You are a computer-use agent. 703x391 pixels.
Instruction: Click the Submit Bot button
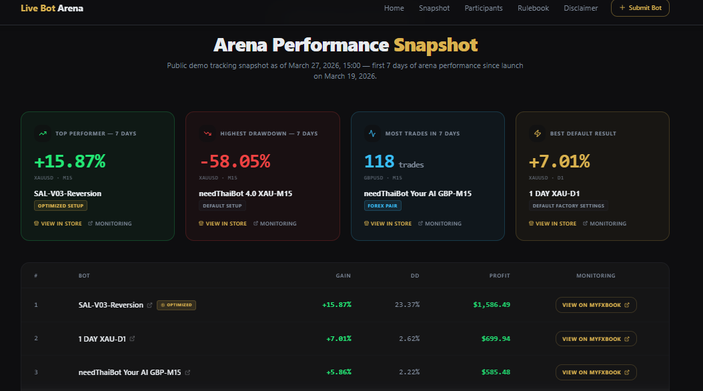[x=640, y=8]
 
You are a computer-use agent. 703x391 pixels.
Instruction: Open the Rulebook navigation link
[x=533, y=8]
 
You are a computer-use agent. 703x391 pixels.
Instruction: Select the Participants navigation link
[x=484, y=8]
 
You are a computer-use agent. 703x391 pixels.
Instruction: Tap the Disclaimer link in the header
[x=580, y=8]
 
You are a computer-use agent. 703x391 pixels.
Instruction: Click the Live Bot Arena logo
[x=52, y=8]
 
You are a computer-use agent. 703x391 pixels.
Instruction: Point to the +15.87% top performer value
[x=70, y=161]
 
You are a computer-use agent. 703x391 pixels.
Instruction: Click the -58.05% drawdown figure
[x=235, y=161]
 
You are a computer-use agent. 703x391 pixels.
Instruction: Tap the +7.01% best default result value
[x=560, y=161]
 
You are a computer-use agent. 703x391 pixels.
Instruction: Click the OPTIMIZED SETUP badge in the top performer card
[x=61, y=206]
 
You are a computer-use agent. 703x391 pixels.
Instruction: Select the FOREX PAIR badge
[x=383, y=206]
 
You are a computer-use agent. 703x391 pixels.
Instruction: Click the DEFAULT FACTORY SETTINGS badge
[x=568, y=206]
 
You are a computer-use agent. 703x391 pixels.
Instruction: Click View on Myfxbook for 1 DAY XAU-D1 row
[x=596, y=339]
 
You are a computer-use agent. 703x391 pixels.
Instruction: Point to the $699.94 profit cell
[x=496, y=339]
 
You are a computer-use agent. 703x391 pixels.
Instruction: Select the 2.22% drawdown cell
[x=408, y=372]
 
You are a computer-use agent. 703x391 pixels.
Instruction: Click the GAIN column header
[x=343, y=276]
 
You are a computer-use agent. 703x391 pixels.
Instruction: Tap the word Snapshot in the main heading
[x=436, y=45]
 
